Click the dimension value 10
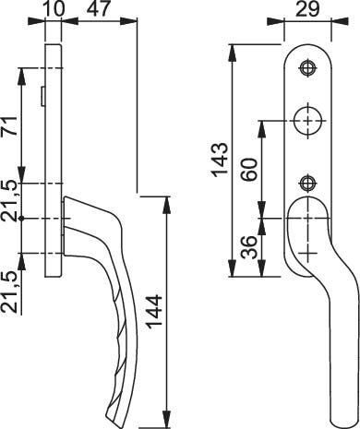click(55, 8)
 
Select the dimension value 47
click(98, 8)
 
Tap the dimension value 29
click(307, 9)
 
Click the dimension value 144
click(154, 311)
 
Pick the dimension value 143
click(221, 160)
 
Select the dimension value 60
click(249, 169)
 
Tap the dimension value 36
click(249, 247)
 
